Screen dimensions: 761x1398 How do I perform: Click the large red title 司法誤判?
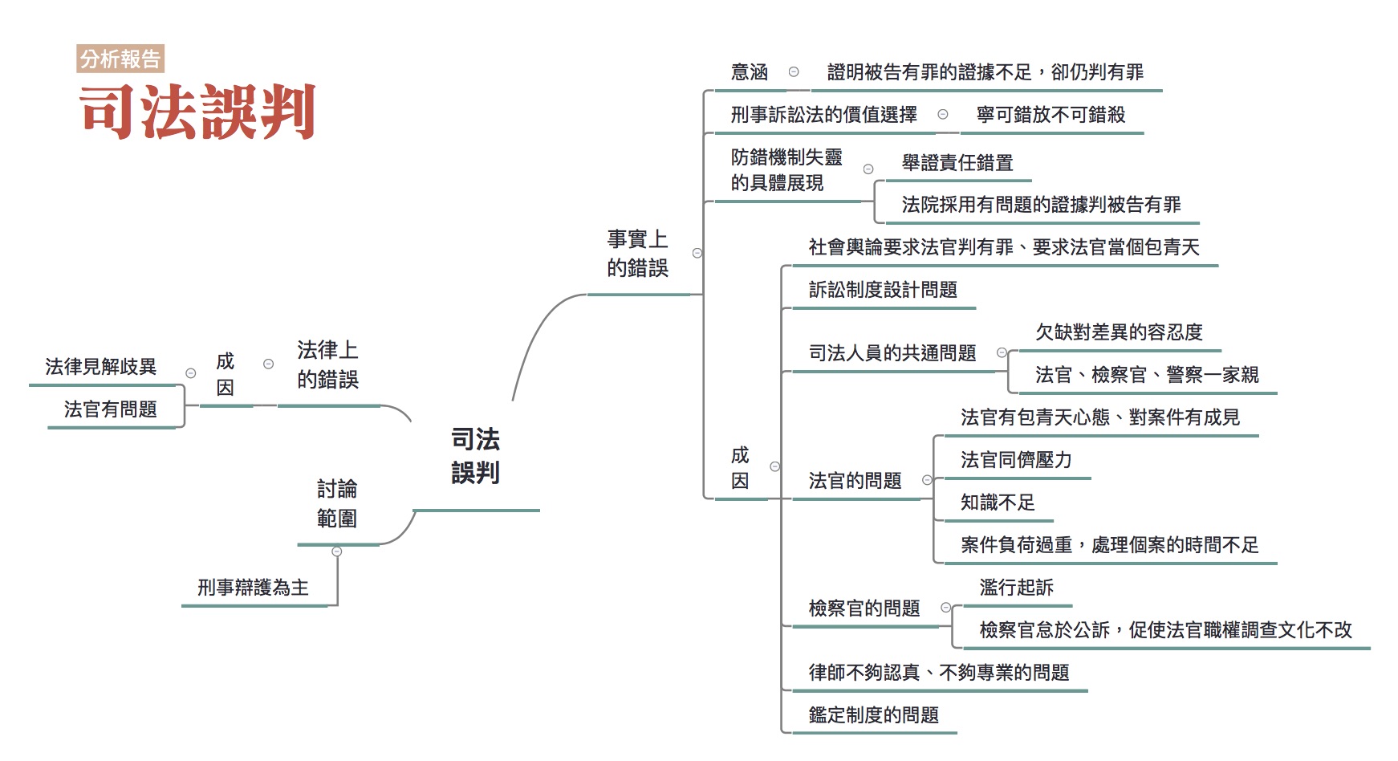click(x=197, y=112)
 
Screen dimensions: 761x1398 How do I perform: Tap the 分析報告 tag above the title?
click(x=120, y=59)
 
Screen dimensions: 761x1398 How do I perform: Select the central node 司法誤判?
click(x=475, y=456)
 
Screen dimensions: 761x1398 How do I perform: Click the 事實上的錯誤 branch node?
click(x=637, y=254)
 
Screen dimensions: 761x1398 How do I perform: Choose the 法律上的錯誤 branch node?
click(x=327, y=364)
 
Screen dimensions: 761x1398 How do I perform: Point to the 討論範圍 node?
click(x=337, y=503)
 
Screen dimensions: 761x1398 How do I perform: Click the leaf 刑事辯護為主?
click(x=253, y=588)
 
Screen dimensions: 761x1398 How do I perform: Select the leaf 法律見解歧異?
click(x=100, y=367)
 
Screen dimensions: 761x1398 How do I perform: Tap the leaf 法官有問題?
click(x=111, y=409)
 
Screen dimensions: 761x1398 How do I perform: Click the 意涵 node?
click(x=750, y=72)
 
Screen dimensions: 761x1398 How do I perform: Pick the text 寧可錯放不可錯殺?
click(x=1051, y=115)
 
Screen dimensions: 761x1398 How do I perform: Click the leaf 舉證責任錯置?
click(x=957, y=163)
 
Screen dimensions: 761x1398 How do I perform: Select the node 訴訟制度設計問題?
click(x=883, y=290)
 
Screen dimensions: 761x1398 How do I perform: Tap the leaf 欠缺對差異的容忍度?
click(x=1119, y=332)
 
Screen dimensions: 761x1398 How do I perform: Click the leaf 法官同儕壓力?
click(x=1016, y=460)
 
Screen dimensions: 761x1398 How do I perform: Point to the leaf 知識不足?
click(x=998, y=503)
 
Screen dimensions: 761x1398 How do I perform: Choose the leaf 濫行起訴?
click(x=1016, y=588)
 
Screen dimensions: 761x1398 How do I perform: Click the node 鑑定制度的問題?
click(x=873, y=715)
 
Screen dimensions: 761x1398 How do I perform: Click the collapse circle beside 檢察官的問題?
click(x=946, y=608)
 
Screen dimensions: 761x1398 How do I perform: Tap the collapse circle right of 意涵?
click(x=794, y=71)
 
